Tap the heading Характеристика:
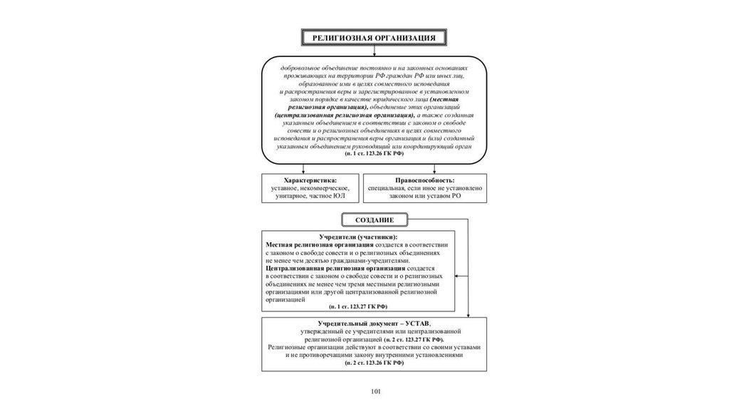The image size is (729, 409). coord(310,180)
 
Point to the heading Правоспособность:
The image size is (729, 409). coord(424,180)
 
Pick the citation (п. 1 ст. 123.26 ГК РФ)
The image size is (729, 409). coord(374,154)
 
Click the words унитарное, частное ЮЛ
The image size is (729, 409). coord(310,197)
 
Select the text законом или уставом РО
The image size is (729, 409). coord(424,197)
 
